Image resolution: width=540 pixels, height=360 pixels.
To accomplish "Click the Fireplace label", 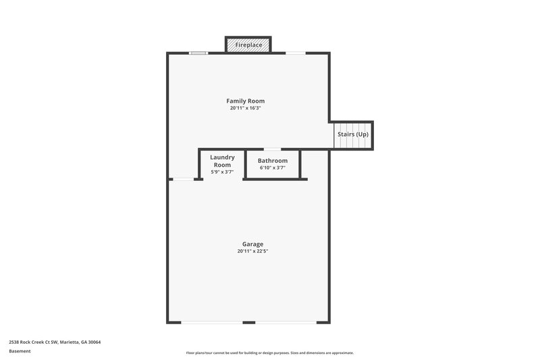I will (x=248, y=45).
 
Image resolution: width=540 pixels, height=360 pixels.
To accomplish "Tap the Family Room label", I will (x=245, y=101).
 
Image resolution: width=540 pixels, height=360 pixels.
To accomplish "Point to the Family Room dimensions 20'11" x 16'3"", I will (x=245, y=108).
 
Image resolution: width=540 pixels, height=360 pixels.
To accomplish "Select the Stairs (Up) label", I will (x=352, y=134).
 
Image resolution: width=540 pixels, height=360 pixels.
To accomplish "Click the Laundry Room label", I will (x=222, y=161).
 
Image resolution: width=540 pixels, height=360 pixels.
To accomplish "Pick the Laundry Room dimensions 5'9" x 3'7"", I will (x=222, y=172).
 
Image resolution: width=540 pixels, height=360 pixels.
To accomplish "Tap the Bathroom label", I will (x=273, y=160).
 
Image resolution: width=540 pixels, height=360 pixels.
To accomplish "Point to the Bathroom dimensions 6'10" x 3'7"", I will (x=273, y=168).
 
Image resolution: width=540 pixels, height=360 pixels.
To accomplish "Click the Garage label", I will (x=252, y=244).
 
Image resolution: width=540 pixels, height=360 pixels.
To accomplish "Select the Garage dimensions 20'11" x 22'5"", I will (x=252, y=251).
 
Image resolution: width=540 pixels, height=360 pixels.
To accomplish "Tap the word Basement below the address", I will (x=20, y=351).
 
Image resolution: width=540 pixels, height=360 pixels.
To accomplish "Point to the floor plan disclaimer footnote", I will (x=270, y=353).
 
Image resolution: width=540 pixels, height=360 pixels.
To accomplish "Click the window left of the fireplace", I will (x=198, y=53).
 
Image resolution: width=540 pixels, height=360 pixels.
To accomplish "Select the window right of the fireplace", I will (x=295, y=53).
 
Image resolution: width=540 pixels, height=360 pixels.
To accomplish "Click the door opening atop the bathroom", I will (x=272, y=149).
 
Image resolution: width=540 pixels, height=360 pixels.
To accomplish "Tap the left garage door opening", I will (x=212, y=322).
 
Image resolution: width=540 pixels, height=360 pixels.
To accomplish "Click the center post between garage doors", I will (x=248, y=322).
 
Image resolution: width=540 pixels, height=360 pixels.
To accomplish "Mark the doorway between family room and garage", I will (x=182, y=179).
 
